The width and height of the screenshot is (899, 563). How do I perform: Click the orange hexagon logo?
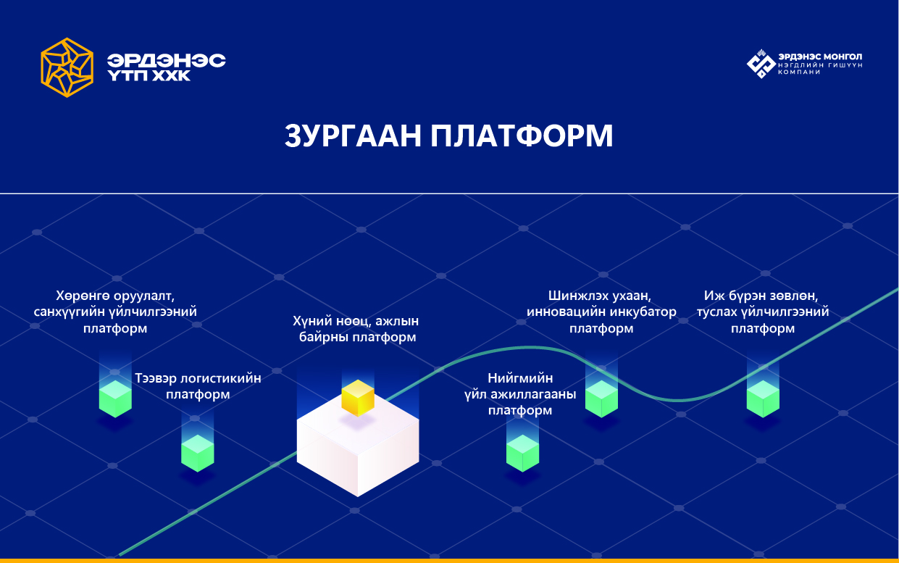point(67,67)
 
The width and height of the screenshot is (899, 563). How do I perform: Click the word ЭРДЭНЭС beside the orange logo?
point(166,60)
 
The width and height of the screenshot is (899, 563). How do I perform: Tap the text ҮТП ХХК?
point(149,76)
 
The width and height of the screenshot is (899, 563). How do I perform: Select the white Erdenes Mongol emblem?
point(761,64)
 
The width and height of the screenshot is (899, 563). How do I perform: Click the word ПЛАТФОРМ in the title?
point(522,135)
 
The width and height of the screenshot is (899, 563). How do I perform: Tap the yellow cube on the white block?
point(358,398)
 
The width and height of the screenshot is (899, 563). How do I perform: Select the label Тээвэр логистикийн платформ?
point(198,386)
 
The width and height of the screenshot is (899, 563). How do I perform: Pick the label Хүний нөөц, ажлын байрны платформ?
point(356,329)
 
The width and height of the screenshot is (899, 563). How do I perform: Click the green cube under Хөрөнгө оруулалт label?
point(115,399)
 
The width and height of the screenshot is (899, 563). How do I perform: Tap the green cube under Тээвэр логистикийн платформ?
point(198,453)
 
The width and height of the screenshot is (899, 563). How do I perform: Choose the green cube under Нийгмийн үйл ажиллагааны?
point(522,453)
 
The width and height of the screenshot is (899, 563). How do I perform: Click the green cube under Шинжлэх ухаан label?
point(601,399)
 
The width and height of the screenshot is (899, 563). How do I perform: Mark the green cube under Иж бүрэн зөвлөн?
point(763,399)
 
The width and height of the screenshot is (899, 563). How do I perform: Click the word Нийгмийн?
point(520,378)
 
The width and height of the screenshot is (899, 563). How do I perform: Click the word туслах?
point(716,312)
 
